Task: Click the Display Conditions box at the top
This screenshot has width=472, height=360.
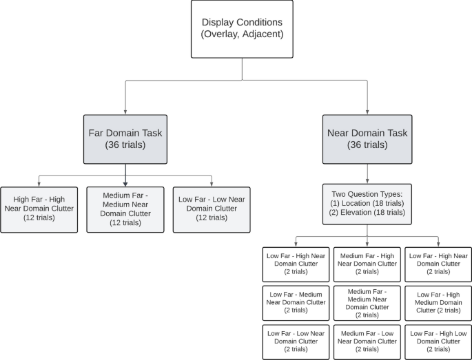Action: pyautogui.click(x=242, y=29)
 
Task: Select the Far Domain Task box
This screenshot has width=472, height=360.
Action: pyautogui.click(x=125, y=139)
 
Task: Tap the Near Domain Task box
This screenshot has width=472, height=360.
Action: pyautogui.click(x=367, y=139)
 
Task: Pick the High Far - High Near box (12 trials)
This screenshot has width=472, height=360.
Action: pyautogui.click(x=39, y=209)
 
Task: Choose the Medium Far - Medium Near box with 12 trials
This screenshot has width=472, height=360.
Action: pyautogui.click(x=125, y=209)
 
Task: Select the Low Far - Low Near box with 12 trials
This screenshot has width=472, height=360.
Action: pyautogui.click(x=211, y=209)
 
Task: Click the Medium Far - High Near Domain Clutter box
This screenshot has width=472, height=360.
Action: pyautogui.click(x=367, y=264)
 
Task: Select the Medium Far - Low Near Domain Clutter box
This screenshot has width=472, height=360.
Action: pyautogui.click(x=367, y=341)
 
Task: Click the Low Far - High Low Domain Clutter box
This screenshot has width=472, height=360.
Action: pyautogui.click(x=438, y=341)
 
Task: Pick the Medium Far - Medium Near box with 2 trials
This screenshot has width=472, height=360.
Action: pyautogui.click(x=367, y=303)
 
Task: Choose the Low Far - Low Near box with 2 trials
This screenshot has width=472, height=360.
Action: pyautogui.click(x=296, y=341)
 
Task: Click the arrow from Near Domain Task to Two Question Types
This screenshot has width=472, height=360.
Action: pyautogui.click(x=367, y=173)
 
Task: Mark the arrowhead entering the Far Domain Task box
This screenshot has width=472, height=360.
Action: pyautogui.click(x=125, y=112)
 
